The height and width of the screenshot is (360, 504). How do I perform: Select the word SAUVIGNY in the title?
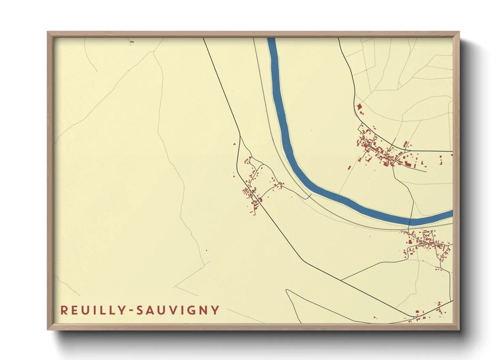pyautogui.click(x=177, y=310)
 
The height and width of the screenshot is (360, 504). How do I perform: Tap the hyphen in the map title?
pyautogui.click(x=131, y=311)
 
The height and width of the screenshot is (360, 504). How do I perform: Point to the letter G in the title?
pyautogui.click(x=190, y=310)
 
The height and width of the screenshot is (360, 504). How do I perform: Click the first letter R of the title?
pyautogui.click(x=64, y=310)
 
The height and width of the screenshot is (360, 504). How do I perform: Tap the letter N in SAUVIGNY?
pyautogui.click(x=203, y=310)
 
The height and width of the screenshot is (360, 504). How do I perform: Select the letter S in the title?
pyautogui.click(x=139, y=310)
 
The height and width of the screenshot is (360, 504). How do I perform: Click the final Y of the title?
pyautogui.click(x=215, y=310)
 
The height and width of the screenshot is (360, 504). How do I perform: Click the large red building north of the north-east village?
pyautogui.click(x=359, y=107)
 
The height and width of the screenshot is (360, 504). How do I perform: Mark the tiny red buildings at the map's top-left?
pyautogui.click(x=132, y=42)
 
